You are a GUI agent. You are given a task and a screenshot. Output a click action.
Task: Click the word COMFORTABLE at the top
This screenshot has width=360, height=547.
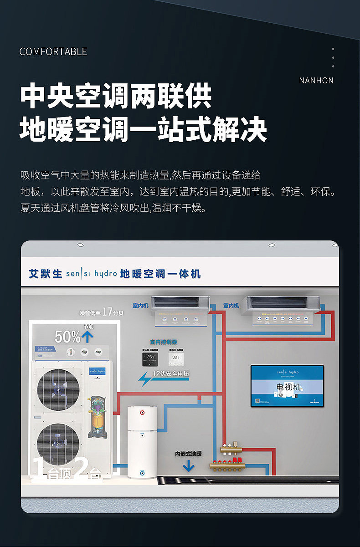(53, 51)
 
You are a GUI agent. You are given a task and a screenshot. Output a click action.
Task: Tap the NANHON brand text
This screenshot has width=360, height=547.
(316, 81)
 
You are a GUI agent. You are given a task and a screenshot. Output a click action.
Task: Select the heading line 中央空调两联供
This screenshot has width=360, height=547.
(116, 96)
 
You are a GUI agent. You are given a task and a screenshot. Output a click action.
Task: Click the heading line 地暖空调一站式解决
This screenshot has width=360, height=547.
(143, 129)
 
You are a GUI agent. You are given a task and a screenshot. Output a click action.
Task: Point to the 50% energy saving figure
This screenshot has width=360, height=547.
(67, 337)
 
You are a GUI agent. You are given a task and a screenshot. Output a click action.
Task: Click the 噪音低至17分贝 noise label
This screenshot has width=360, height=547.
(102, 312)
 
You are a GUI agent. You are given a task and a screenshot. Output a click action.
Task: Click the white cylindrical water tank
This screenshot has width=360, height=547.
(142, 441)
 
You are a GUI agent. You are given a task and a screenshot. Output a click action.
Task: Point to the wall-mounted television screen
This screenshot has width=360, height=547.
(287, 386)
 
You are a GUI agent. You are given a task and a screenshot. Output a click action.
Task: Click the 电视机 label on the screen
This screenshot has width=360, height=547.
(288, 387)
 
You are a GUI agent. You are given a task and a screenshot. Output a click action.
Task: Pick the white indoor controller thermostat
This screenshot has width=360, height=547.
(176, 358)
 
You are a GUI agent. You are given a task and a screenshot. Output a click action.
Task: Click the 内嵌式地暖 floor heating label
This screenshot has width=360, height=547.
(188, 454)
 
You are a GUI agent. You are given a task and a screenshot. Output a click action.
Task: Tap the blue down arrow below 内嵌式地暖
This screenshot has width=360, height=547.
(188, 466)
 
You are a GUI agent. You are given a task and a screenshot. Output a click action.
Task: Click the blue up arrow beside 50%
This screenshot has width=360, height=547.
(87, 337)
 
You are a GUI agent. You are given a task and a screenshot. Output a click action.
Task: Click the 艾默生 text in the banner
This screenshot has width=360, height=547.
(45, 274)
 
